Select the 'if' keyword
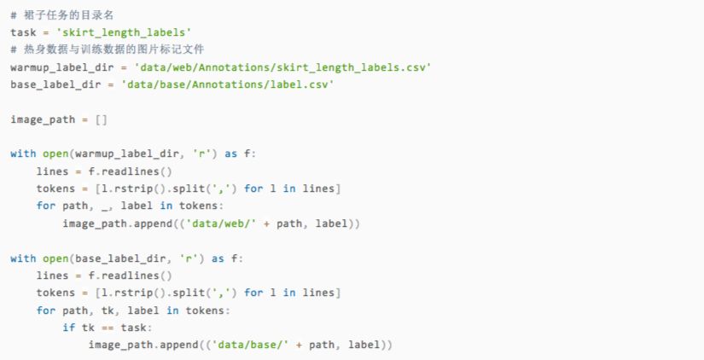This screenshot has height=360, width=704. click(69, 328)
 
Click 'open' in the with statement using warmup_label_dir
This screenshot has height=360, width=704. click(57, 154)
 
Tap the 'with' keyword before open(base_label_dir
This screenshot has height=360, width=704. click(24, 258)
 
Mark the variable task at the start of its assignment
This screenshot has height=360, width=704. click(24, 32)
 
